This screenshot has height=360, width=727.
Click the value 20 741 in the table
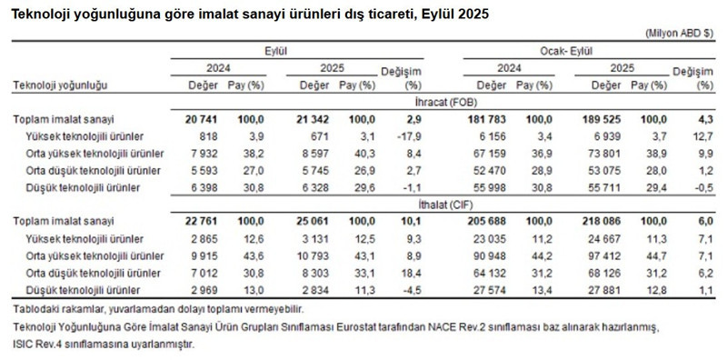click(x=201, y=119)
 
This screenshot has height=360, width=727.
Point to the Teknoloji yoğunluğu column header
click(x=61, y=85)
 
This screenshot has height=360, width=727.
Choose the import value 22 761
click(x=201, y=221)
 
